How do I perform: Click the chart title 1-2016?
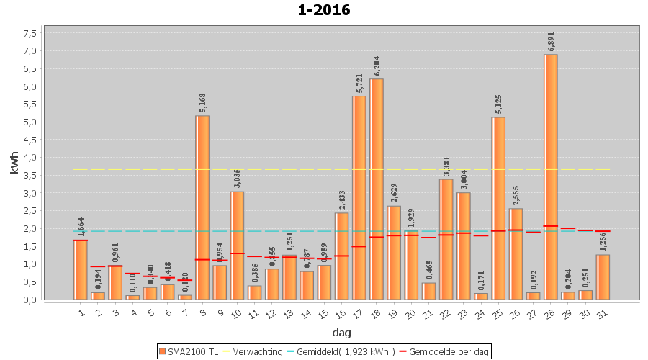pos(324,10)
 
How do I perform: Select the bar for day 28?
pos(551,176)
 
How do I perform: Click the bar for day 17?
pos(359,197)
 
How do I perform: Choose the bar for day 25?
pos(498,208)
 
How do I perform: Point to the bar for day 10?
pos(237,245)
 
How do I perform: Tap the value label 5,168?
pos(202,103)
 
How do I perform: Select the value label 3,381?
pos(446,166)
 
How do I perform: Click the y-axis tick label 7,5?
pos(30,33)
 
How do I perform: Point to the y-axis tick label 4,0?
pos(30,157)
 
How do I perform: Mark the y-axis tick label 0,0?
pos(30,300)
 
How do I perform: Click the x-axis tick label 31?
pos(602,312)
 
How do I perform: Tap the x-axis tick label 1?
pos(81,312)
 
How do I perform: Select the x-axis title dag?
pos(341,333)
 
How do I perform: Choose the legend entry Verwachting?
pos(258,351)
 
